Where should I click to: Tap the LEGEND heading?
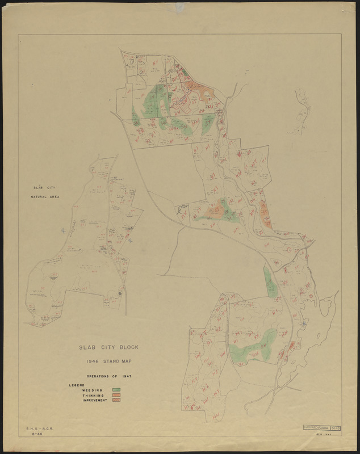[x=77, y=385]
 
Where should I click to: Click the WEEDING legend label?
[x=93, y=390]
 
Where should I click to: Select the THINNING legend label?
[x=93, y=395]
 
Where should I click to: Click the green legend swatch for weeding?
[x=117, y=390]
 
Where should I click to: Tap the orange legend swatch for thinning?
[x=117, y=395]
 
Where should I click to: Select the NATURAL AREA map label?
[x=45, y=197]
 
